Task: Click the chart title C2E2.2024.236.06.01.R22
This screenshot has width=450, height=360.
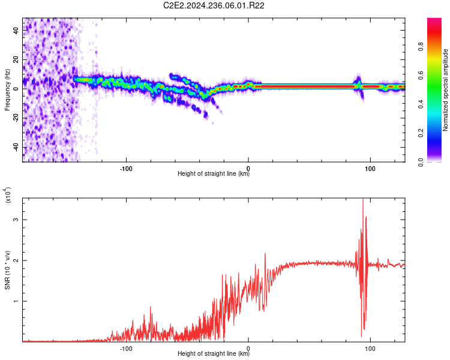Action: (x=214, y=5)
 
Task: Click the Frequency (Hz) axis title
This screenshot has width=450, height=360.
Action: (x=7, y=90)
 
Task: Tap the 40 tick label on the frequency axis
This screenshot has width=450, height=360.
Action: (x=16, y=30)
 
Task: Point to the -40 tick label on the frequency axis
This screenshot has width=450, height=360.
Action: (x=16, y=148)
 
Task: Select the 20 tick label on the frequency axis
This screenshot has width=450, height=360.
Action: (x=16, y=59)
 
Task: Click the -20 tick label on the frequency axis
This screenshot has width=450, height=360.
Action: (x=16, y=118)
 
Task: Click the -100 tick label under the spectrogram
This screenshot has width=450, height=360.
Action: (x=126, y=169)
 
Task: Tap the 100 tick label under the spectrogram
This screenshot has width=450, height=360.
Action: (x=370, y=169)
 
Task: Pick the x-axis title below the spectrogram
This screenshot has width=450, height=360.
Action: (x=214, y=173)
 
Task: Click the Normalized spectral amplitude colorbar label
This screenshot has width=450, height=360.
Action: (x=445, y=90)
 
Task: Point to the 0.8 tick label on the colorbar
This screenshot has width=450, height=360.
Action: (x=421, y=47)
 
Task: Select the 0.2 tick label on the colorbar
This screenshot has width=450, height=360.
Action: (x=421, y=133)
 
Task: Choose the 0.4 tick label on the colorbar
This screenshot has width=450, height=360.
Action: (x=421, y=104)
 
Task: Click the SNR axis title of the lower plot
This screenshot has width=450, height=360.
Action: (x=7, y=270)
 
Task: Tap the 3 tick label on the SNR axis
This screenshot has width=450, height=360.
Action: (x=16, y=220)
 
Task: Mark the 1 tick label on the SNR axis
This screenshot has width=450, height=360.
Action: (x=16, y=301)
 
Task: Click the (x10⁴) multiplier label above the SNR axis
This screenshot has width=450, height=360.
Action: (x=7, y=195)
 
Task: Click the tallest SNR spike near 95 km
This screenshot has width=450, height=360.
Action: (x=363, y=199)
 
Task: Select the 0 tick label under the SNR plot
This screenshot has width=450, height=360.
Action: (x=248, y=349)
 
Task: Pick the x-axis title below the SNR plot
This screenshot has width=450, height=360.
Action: (x=214, y=353)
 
